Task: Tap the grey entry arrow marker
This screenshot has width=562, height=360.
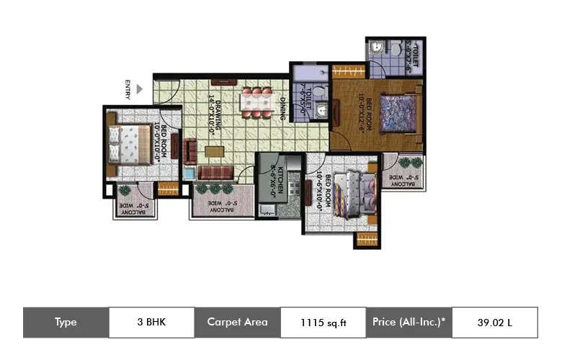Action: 140,89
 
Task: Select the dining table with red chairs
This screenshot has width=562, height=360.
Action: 257,102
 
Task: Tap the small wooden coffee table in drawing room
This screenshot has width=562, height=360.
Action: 213,152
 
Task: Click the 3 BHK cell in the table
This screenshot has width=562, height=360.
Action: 151,322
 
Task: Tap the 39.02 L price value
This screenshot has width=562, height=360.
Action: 494,323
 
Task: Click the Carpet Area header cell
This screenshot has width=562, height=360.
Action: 237,322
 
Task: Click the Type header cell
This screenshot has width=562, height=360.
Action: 66,322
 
